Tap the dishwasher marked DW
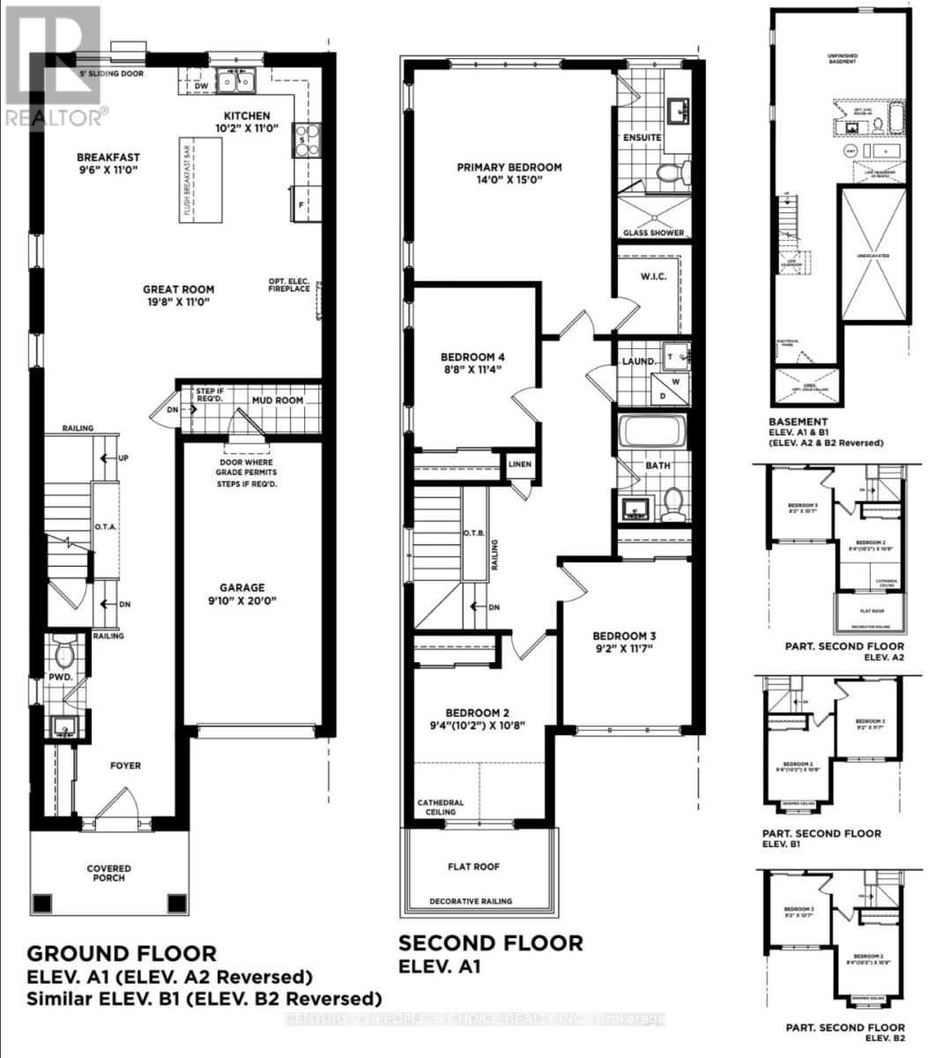[x=201, y=86]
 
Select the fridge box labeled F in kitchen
[x=300, y=203]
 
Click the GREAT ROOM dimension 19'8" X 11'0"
[x=180, y=302]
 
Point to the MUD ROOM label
[x=277, y=400]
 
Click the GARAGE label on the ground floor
[x=242, y=588]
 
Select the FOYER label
[x=125, y=766]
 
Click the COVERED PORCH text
[x=108, y=873]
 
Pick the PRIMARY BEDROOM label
[x=508, y=168]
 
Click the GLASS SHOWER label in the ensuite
[x=654, y=233]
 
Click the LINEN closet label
[x=518, y=464]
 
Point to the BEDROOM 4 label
[x=472, y=357]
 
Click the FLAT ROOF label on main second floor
[x=474, y=867]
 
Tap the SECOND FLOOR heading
[x=491, y=943]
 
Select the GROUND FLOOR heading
[x=122, y=953]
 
